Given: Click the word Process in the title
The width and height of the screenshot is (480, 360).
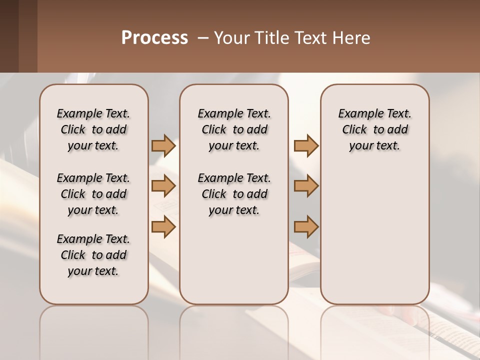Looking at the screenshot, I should [x=154, y=38].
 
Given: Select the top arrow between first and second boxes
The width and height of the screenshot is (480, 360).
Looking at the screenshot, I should [x=163, y=145].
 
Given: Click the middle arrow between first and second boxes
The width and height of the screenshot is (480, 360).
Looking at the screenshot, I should [x=163, y=186].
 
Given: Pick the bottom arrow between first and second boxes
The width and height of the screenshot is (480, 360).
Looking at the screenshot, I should [x=163, y=227].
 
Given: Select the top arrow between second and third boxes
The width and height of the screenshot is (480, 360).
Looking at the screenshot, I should [x=306, y=145].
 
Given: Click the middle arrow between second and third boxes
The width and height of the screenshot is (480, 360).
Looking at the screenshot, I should [x=306, y=186].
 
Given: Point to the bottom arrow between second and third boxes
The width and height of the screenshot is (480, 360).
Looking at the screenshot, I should [x=306, y=227].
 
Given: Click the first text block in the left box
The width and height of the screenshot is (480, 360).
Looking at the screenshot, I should [x=93, y=129].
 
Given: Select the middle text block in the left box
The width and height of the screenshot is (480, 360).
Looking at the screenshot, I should [x=93, y=194].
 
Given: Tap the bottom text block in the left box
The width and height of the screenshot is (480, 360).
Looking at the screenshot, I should [x=93, y=255].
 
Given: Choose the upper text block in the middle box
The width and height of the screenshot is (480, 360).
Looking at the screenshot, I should [x=234, y=129].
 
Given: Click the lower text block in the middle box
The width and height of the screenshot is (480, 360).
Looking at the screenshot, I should [x=234, y=194].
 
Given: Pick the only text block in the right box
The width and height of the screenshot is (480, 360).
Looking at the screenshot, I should [x=375, y=129].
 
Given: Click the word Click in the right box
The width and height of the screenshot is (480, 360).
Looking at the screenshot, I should [x=354, y=129].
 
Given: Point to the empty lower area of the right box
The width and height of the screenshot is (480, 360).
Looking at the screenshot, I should [x=375, y=235].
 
